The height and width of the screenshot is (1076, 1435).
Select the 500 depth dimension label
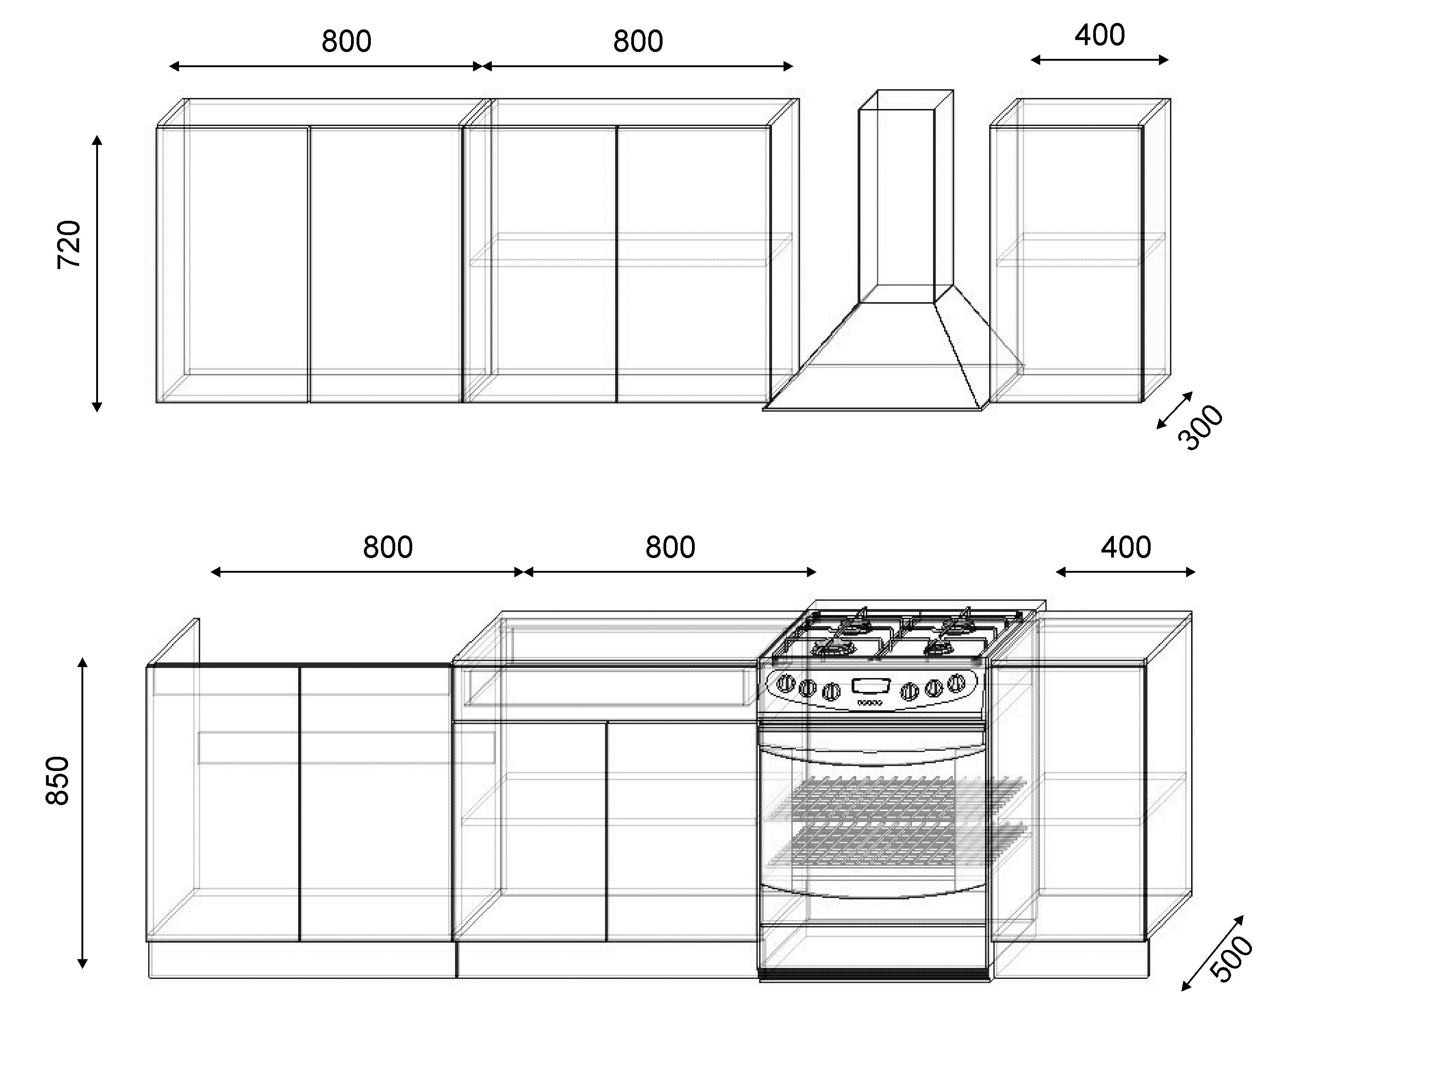tap(1231, 959)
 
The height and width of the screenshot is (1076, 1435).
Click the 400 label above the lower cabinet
tap(1125, 547)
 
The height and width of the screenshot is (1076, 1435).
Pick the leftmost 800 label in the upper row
tap(346, 41)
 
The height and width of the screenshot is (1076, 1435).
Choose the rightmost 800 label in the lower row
tap(670, 547)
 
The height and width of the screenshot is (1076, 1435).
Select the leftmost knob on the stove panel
tap(786, 683)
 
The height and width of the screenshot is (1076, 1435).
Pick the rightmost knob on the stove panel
tap(956, 683)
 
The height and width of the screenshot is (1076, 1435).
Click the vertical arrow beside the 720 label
tap(98, 274)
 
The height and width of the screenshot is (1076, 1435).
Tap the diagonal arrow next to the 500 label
tap(1212, 953)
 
